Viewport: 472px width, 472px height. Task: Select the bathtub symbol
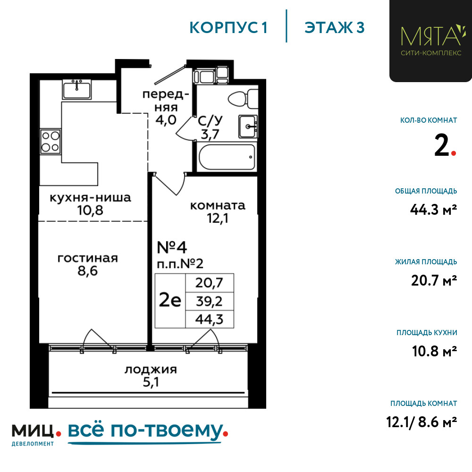[x=227, y=157]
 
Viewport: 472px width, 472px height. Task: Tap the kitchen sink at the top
[x=77, y=89]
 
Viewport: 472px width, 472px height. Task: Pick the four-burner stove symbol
[x=51, y=141]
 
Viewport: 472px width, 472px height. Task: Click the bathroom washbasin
[x=248, y=126]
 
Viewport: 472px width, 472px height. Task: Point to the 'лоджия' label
[x=151, y=370]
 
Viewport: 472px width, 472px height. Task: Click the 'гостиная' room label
[x=88, y=258]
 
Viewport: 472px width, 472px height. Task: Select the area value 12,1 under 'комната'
[x=218, y=219]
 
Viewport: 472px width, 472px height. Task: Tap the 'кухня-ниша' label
[x=90, y=198]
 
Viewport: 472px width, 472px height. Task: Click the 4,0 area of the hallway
[x=166, y=120]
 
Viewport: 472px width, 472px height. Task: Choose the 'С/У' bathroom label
[x=210, y=121]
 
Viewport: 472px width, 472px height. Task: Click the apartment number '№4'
[x=172, y=247]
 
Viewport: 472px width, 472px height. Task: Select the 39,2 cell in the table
[x=209, y=301]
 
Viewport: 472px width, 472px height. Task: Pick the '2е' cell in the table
[x=170, y=300]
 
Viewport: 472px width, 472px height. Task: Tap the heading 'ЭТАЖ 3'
[x=335, y=28]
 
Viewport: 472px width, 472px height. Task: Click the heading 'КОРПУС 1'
[x=228, y=28]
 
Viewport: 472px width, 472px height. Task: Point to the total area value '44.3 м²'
[x=433, y=210]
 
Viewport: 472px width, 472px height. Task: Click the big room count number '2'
[x=442, y=145]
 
